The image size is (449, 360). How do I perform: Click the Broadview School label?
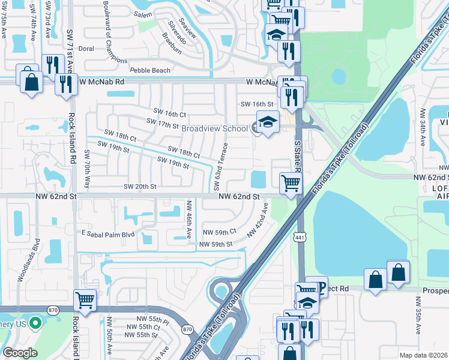[214, 128]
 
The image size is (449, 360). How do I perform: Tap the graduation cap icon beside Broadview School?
[268, 122]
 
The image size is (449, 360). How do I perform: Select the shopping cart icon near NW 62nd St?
[291, 182]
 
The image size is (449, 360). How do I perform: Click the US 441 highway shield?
[298, 237]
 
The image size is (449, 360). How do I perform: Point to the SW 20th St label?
[140, 187]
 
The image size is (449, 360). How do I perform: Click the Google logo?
[20, 353]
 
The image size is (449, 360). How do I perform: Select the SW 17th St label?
[163, 124]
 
